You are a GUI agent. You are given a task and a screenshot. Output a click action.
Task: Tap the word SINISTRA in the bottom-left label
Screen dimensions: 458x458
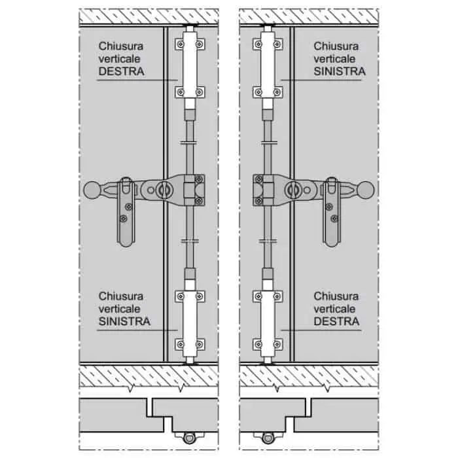[x=124, y=321]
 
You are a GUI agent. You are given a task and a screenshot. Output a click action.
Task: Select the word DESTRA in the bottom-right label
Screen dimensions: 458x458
[x=336, y=321]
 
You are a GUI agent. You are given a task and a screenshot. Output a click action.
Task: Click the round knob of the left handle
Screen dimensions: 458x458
[x=93, y=190]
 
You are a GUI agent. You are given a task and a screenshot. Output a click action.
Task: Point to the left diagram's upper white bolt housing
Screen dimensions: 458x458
[x=190, y=67]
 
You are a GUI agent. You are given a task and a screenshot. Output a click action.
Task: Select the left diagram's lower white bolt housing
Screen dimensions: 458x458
[x=190, y=320]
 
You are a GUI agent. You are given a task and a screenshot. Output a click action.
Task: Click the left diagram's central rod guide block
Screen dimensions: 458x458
[x=193, y=190]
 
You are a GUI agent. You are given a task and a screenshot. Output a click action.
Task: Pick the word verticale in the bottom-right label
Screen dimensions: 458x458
[x=335, y=308]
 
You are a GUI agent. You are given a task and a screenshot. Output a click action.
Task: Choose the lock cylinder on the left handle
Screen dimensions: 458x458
[x=162, y=189]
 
